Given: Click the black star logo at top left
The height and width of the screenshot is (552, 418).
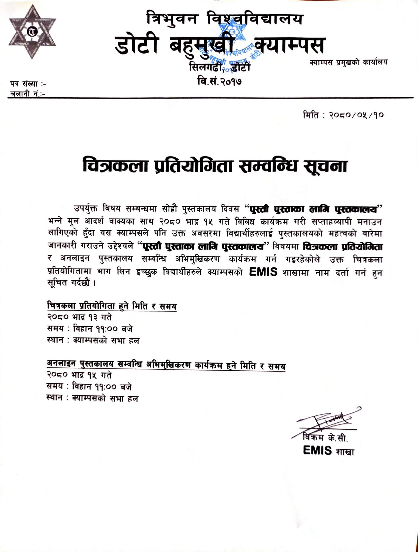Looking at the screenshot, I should tap(32, 32).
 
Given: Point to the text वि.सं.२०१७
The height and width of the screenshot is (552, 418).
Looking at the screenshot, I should tap(219, 81).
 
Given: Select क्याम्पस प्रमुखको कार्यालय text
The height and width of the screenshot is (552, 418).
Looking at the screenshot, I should tap(349, 63).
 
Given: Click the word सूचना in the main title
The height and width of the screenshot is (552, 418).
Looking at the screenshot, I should tap(325, 166).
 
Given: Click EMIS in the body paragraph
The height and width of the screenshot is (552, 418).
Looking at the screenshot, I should tap(263, 272).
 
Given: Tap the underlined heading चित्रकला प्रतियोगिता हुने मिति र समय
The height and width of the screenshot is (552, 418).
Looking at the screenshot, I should tap(112, 306).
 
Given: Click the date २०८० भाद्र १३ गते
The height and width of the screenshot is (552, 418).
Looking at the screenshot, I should tap(79, 317).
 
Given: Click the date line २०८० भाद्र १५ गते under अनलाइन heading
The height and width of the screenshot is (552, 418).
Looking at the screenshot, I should tap(79, 375).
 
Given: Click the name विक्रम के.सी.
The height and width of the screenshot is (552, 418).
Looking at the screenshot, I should tap(325, 438).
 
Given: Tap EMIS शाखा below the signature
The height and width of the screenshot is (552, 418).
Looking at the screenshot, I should tap(328, 451).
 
